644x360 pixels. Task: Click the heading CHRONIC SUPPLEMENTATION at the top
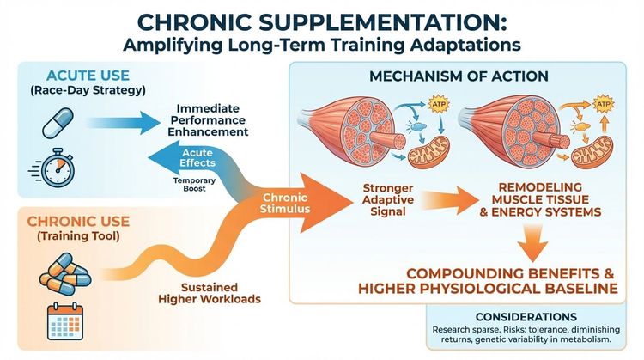(x=322, y=18)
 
